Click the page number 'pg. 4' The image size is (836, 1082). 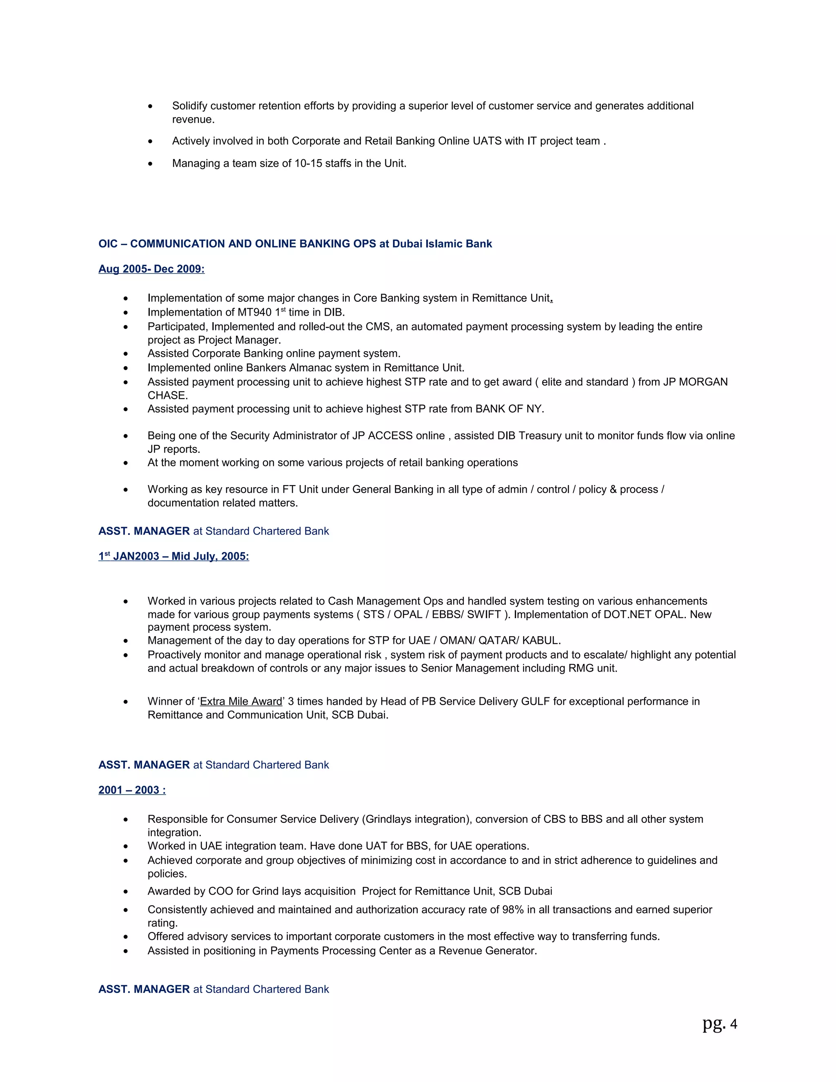coord(720,1024)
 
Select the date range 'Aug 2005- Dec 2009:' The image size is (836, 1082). coord(151,269)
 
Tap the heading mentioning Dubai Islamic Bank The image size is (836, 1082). coord(295,244)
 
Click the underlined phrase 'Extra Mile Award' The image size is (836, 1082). coord(241,701)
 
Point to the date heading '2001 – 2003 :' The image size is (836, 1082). coord(132,790)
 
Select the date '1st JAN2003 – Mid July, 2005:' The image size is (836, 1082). coord(173,557)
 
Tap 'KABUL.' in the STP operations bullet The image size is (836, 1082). coord(542,641)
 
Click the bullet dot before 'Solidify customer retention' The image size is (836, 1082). coord(150,107)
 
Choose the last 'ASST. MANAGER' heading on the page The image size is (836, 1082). coord(144,989)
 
